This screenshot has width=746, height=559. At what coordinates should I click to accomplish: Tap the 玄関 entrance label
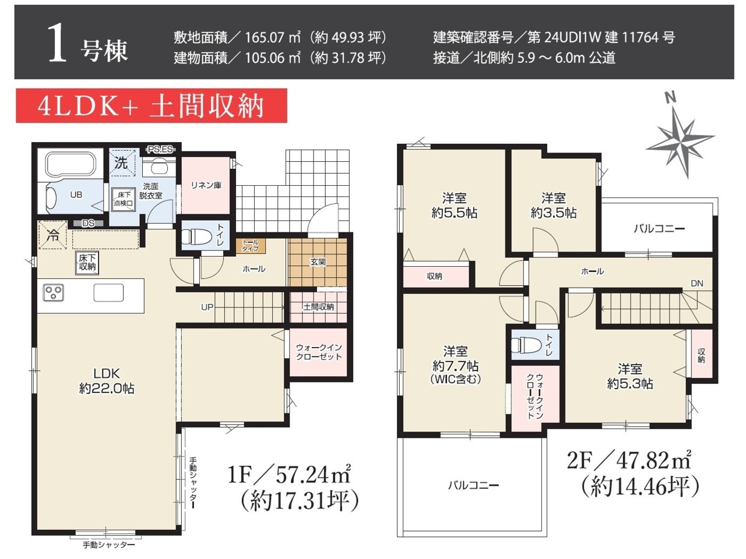318,262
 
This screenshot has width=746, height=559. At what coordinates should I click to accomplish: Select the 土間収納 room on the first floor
318,307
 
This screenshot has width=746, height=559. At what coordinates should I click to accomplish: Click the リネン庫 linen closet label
206,185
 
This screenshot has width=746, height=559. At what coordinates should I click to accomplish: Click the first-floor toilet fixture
192,236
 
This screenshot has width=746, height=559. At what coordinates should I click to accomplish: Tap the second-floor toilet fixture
526,345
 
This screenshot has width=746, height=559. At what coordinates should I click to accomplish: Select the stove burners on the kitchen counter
54,292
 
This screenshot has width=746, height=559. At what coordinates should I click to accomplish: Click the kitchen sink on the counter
108,292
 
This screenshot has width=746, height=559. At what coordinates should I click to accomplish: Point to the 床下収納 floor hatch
87,263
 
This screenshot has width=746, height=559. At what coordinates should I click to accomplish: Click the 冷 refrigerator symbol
52,235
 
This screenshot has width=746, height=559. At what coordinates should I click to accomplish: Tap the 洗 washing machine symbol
122,162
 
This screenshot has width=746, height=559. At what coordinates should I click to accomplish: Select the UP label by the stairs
207,307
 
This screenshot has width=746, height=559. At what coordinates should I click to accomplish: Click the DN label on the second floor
696,284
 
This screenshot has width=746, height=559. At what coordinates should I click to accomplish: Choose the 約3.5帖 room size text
553,213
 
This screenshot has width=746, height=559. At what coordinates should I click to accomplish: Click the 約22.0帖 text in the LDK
107,388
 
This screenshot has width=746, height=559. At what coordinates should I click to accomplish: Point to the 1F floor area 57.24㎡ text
289,475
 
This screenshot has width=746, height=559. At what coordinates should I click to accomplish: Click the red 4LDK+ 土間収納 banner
152,105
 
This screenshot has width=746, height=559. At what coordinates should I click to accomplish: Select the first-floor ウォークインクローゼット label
318,352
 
